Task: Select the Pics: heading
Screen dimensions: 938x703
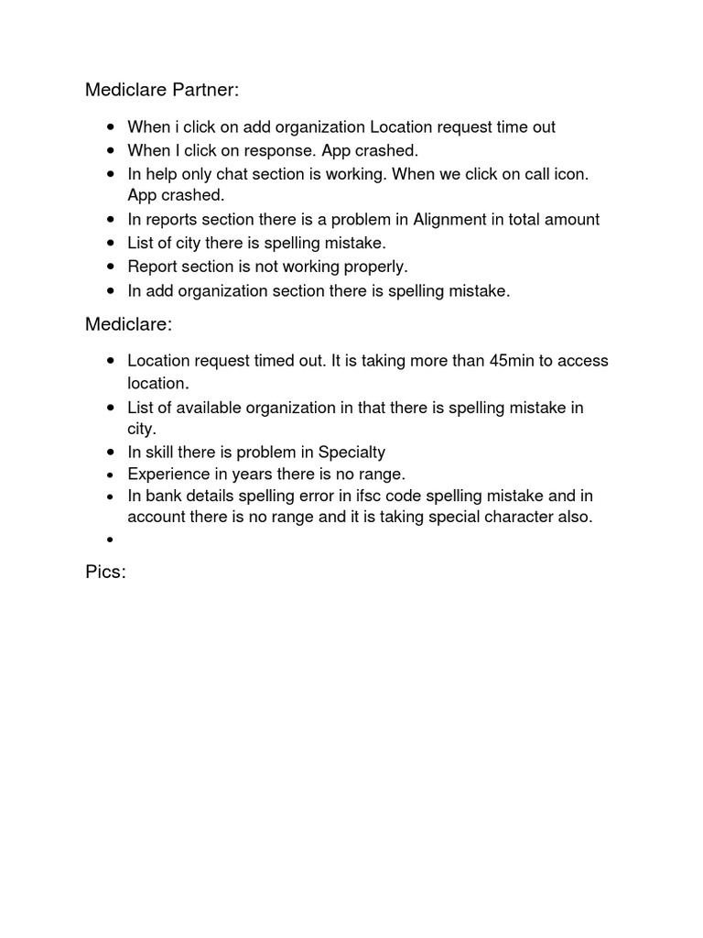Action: pyautogui.click(x=105, y=573)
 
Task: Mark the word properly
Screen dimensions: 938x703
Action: pyautogui.click(x=374, y=267)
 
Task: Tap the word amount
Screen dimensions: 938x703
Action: pyautogui.click(x=571, y=219)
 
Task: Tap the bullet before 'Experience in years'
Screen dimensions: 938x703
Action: pyautogui.click(x=110, y=474)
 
